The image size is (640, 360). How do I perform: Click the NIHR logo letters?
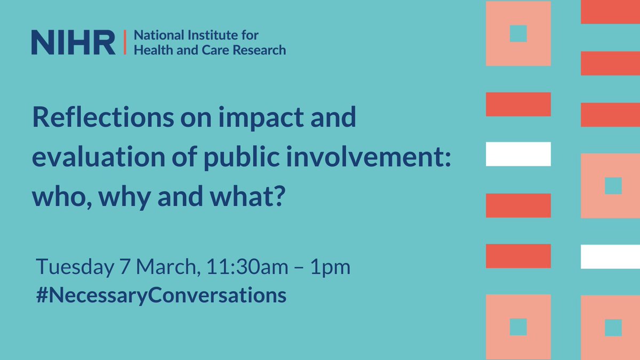(x=73, y=43)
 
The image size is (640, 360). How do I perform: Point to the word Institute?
(x=204, y=36)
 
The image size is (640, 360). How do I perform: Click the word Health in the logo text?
(x=148, y=50)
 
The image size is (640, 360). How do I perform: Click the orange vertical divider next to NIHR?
(x=124, y=43)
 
